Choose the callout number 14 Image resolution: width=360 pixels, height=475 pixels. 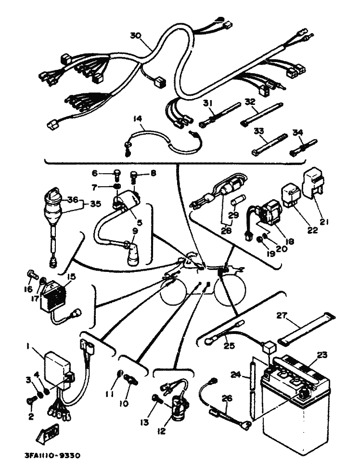coord(138,118)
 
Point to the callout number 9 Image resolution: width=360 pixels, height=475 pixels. coord(135,230)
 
